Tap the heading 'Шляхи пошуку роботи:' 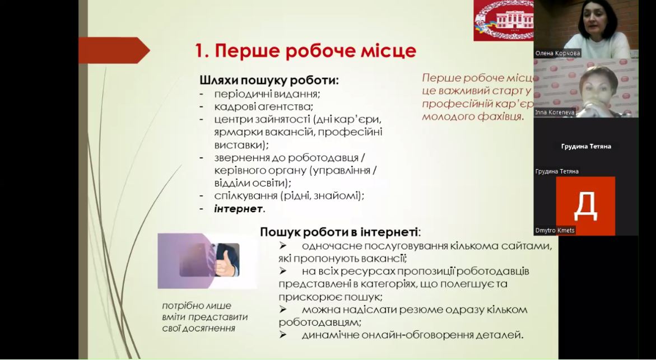269,80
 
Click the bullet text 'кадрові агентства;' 263,106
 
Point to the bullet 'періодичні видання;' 267,93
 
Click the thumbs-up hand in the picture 226,263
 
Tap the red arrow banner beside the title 114,50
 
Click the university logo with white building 504,20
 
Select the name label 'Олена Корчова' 557,54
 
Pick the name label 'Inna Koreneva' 555,113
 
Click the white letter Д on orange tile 585,206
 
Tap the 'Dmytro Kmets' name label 555,230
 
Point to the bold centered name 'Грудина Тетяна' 586,146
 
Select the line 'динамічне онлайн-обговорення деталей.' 412,335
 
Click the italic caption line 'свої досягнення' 198,328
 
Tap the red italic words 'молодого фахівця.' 473,116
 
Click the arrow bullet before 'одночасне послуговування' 283,245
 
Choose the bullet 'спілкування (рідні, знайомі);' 289,196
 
